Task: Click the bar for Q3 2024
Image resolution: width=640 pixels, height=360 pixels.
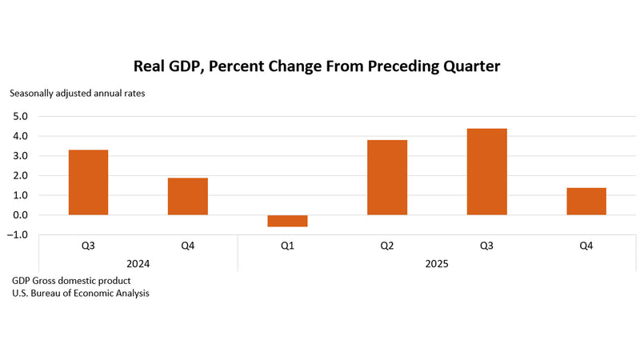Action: click(x=88, y=182)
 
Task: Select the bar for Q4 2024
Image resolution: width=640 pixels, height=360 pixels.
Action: click(x=188, y=196)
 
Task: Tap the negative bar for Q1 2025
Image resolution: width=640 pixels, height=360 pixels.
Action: click(x=287, y=221)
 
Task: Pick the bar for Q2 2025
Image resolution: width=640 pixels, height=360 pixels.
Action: click(x=387, y=178)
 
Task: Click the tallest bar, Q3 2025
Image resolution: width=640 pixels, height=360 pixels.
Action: click(x=486, y=171)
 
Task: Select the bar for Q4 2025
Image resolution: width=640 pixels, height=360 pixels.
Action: click(x=586, y=201)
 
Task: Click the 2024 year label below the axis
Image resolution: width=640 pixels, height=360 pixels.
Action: click(x=138, y=263)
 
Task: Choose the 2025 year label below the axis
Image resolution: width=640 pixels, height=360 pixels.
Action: click(x=437, y=263)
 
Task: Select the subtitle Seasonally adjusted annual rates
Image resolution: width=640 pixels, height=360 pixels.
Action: click(x=78, y=93)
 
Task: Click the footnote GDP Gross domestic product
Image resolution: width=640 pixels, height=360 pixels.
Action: click(x=71, y=281)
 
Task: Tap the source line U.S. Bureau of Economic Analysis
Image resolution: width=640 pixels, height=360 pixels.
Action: click(x=80, y=293)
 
